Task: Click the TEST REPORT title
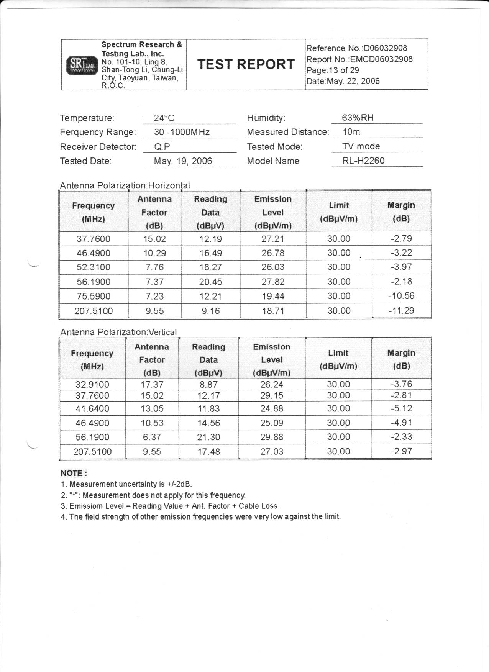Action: (x=246, y=64)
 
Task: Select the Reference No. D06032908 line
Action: (x=356, y=48)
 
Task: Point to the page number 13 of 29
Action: (x=333, y=70)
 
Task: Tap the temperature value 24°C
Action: (x=164, y=118)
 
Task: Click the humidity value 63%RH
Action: (x=358, y=118)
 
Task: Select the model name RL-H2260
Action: (x=363, y=161)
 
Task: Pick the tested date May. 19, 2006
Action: (x=183, y=161)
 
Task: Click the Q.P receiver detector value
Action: (x=162, y=147)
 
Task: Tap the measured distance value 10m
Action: (x=351, y=132)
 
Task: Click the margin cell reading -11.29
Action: (x=401, y=311)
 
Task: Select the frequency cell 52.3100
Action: (x=93, y=267)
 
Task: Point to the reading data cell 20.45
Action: (x=210, y=282)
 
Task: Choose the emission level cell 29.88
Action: (x=272, y=437)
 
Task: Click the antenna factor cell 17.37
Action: (x=152, y=384)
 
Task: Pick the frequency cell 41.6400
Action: (x=92, y=409)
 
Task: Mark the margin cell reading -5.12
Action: (x=401, y=408)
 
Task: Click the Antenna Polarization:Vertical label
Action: (x=118, y=332)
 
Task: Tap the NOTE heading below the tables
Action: (x=74, y=473)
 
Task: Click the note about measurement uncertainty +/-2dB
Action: (x=126, y=484)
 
